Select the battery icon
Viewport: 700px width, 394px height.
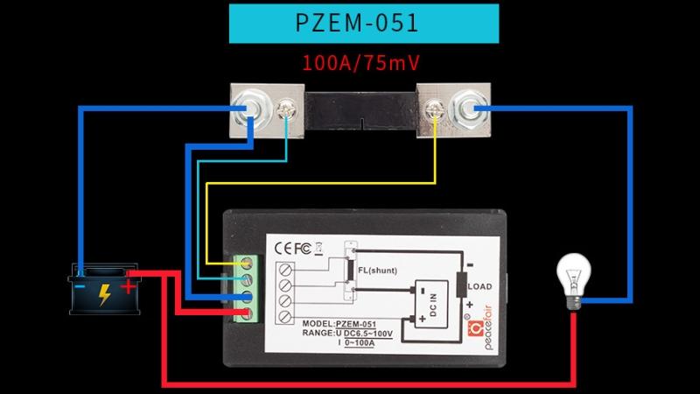click(104, 288)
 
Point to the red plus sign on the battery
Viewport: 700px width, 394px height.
click(129, 285)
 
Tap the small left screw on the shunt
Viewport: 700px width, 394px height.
click(285, 110)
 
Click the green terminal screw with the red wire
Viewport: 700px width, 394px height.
click(248, 314)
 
